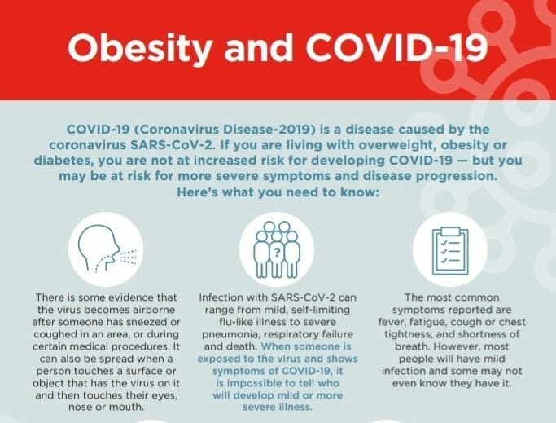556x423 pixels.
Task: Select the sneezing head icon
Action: [x=106, y=248]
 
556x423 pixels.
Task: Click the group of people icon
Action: [x=277, y=248]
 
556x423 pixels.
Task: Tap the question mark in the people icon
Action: [x=277, y=252]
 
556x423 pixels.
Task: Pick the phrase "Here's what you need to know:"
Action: [x=277, y=192]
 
